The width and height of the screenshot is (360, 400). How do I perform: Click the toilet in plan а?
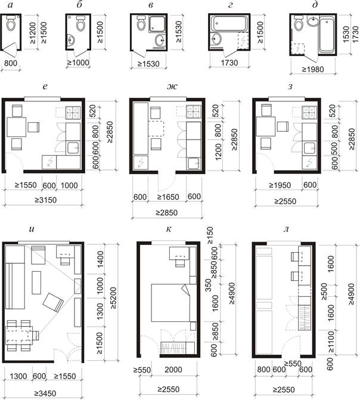[11, 23]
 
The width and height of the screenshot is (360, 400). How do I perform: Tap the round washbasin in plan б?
[71, 40]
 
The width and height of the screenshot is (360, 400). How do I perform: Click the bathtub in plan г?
[229, 24]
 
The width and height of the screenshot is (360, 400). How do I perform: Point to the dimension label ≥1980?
[313, 69]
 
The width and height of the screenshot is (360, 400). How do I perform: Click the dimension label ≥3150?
[46, 200]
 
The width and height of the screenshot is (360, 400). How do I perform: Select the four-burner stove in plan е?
[73, 113]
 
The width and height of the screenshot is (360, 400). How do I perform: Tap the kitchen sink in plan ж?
[194, 163]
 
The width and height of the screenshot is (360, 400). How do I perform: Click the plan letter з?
[290, 86]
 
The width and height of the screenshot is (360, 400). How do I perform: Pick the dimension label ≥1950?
[280, 185]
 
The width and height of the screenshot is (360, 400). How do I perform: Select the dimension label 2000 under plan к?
[173, 370]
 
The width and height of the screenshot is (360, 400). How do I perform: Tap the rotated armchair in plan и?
[53, 303]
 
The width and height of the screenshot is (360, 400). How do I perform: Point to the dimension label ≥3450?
[45, 393]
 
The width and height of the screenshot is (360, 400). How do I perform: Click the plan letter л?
[286, 229]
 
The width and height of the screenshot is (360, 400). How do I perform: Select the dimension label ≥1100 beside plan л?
[331, 342]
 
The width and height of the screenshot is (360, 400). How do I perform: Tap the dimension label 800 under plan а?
[11, 63]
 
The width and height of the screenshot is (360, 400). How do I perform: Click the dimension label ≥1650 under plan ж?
[168, 197]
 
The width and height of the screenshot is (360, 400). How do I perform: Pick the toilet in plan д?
[298, 23]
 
